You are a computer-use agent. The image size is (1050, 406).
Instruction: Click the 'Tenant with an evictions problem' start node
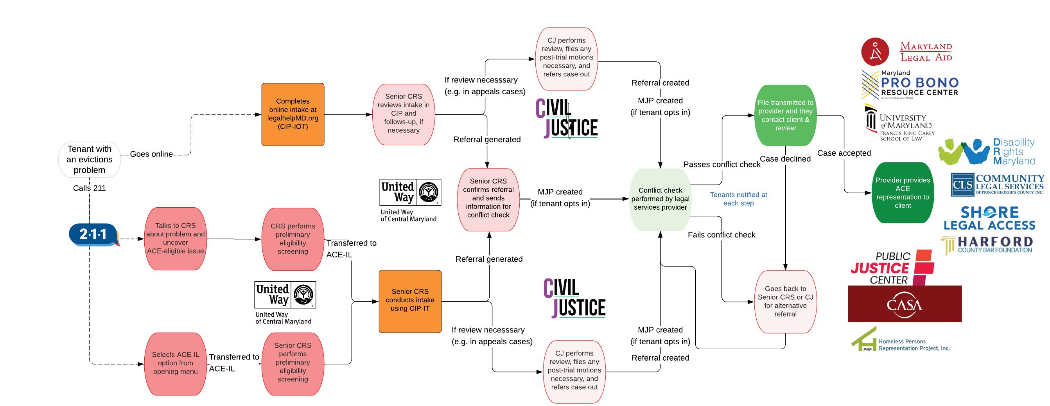(89, 159)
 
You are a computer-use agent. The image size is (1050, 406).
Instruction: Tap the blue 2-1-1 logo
(93, 234)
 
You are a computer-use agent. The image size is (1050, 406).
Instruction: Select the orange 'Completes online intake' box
(293, 114)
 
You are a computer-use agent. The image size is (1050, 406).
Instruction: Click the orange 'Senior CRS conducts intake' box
(410, 301)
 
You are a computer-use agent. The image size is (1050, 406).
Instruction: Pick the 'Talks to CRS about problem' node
(175, 239)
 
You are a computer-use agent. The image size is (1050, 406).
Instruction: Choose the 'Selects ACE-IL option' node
(175, 363)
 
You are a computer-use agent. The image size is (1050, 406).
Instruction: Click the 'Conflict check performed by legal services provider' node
(660, 199)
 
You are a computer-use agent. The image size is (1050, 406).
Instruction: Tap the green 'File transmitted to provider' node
(785, 115)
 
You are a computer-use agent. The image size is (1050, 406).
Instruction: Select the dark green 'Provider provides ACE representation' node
(903, 193)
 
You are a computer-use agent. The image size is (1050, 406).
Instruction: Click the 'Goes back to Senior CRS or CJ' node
(785, 302)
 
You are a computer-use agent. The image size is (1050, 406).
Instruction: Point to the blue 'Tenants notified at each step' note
(738, 199)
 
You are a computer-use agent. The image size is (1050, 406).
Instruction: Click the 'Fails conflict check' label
(721, 235)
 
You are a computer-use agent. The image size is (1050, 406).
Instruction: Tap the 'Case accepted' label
(844, 153)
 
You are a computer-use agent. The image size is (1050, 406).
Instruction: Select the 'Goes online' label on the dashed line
(151, 154)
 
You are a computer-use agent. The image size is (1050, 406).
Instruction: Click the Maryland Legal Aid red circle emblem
(875, 52)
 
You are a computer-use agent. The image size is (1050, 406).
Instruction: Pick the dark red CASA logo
(905, 304)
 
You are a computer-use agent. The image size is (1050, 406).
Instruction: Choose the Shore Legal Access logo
(989, 219)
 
